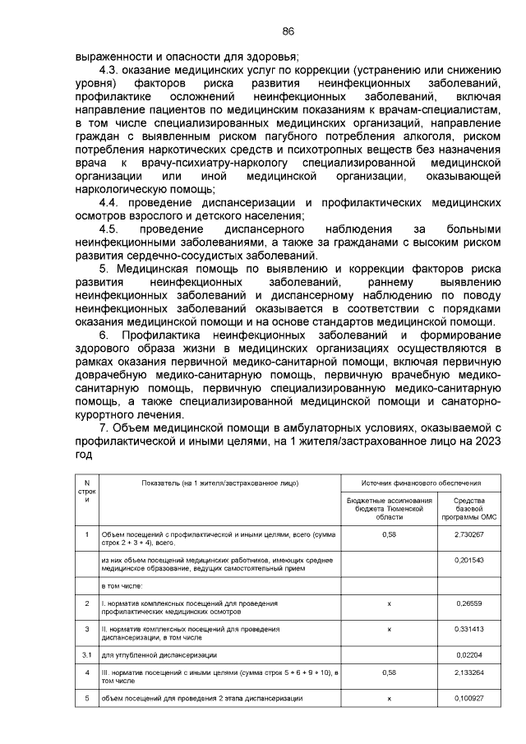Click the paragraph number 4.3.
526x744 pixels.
click(111, 71)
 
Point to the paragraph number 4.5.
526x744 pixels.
click(111, 229)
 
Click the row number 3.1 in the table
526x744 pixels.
click(86, 654)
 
